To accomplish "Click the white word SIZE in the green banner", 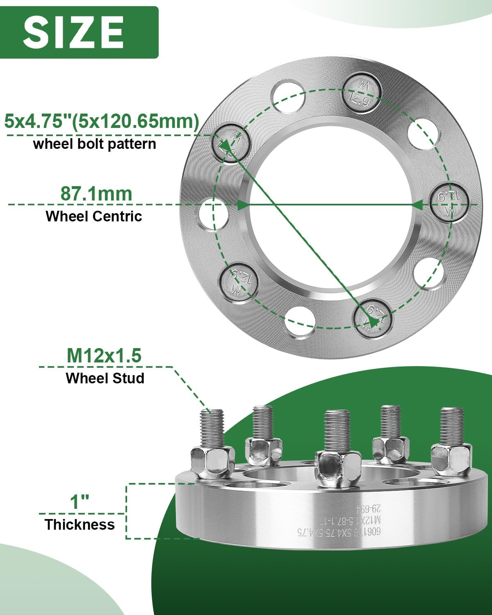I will click(x=74, y=32).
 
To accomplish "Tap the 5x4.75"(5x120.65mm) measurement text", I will click(x=102, y=121).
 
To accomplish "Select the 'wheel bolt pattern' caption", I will click(x=95, y=144).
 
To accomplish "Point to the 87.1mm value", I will click(x=96, y=194).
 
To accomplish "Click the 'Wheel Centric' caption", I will click(x=94, y=216).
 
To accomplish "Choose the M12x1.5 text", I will click(x=104, y=355).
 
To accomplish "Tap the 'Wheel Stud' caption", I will click(x=105, y=378).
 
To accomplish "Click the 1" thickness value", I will click(x=80, y=502).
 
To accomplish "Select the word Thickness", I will click(x=80, y=524).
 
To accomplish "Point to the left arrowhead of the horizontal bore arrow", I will click(x=243, y=204).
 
